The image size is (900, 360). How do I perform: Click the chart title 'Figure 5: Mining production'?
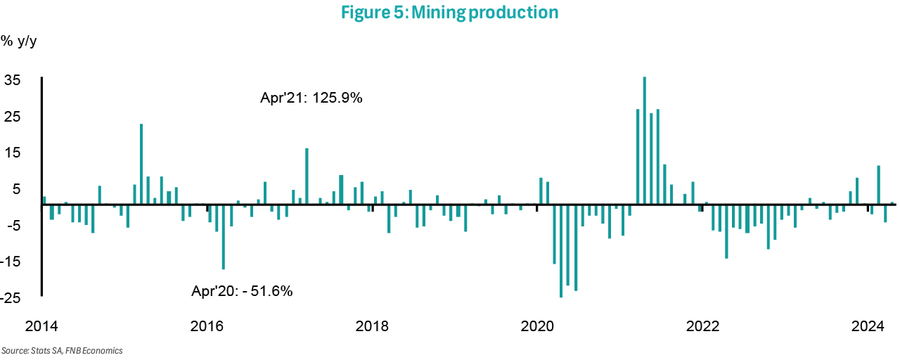(x=449, y=13)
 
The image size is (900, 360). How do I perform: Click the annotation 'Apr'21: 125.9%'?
(x=311, y=98)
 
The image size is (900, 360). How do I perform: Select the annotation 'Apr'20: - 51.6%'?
(x=242, y=290)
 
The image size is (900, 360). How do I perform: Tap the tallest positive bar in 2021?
(x=645, y=141)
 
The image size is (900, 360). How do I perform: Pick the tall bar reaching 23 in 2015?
(x=141, y=164)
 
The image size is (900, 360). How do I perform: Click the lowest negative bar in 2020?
(x=561, y=251)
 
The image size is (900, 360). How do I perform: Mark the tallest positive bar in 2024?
(x=879, y=185)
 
